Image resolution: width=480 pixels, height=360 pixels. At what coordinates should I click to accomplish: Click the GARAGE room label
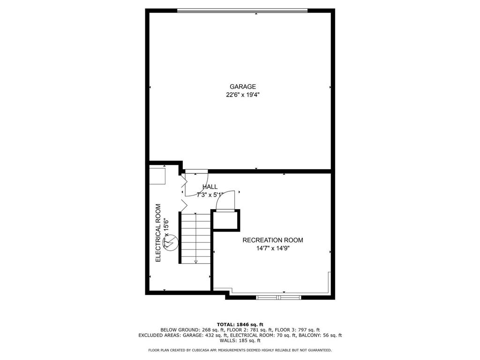(242, 87)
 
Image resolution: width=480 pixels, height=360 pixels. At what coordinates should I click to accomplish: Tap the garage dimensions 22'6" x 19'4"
(242, 95)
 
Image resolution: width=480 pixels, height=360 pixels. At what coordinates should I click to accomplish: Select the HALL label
(210, 187)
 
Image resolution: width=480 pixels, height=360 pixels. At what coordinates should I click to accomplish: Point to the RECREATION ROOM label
(272, 240)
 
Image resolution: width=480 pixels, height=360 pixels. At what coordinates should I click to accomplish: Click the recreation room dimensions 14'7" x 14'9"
(272, 248)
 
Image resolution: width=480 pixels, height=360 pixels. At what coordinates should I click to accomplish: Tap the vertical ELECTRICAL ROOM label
(158, 232)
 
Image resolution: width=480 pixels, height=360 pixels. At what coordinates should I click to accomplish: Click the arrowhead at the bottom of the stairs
(196, 261)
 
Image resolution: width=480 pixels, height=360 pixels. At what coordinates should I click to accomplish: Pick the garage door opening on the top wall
(242, 10)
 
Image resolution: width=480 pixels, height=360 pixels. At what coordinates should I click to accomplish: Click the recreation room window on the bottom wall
(279, 297)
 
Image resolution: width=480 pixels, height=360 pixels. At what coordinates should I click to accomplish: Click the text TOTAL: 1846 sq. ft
(240, 324)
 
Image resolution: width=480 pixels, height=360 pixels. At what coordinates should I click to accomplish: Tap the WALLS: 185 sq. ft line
(240, 341)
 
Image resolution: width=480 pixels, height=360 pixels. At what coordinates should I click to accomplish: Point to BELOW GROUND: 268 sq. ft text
(187, 330)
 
